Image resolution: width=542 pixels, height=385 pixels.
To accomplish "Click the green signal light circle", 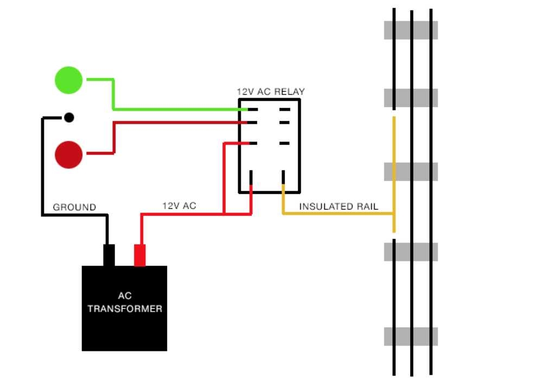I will (69, 80).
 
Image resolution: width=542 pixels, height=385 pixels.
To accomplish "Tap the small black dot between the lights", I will (69, 117).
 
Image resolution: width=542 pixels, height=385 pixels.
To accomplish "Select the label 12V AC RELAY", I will (271, 92).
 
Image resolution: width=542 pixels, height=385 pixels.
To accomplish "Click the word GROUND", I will (74, 207).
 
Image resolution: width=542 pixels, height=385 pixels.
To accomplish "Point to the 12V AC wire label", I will (179, 206).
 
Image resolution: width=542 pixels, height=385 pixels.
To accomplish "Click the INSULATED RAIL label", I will (339, 207).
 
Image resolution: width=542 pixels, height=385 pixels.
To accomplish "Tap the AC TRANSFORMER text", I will (125, 303).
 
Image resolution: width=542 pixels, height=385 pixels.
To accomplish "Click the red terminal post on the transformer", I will (141, 255).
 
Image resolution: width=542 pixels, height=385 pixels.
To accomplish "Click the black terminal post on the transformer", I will (109, 255).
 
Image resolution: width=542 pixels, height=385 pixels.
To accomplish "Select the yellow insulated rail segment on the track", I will (394, 174).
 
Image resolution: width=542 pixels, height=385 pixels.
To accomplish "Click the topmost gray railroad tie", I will (411, 30).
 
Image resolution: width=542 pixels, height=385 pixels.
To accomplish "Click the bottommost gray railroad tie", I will (411, 336).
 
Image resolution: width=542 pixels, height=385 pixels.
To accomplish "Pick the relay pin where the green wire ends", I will (252, 110).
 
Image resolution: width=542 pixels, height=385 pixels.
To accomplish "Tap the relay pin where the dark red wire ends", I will (252, 123).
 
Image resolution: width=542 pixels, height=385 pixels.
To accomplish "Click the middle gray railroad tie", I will (411, 171).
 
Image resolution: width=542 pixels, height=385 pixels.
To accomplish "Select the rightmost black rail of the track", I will (431, 195).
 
